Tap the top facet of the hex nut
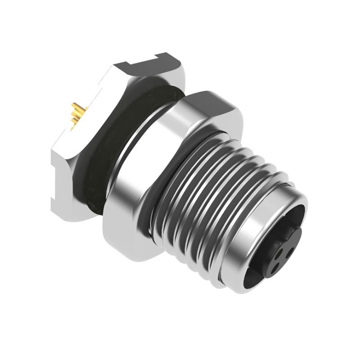(x=211, y=101)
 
